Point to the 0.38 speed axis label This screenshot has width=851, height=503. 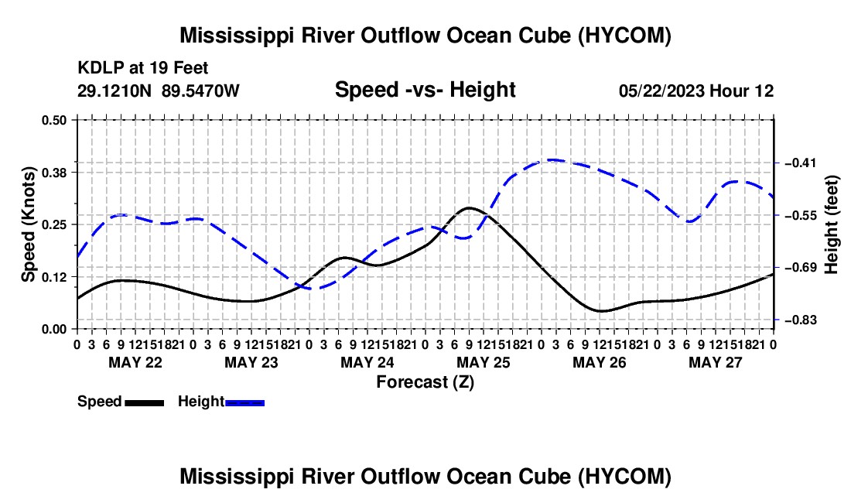point(53,173)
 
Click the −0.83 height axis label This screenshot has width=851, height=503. point(801,320)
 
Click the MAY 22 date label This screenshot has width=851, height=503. point(135,362)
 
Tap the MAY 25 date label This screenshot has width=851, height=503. point(484,362)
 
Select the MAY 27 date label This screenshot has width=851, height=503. point(716,362)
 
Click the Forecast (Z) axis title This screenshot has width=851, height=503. point(425,382)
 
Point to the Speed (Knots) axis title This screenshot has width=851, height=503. point(28,224)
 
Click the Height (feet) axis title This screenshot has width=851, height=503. point(832,224)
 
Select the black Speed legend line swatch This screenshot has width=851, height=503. point(145,403)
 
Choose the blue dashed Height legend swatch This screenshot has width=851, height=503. point(244,403)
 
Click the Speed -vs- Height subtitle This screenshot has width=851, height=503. point(425,90)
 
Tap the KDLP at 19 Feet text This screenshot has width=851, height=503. point(143,68)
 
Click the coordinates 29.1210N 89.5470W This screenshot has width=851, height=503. point(158,91)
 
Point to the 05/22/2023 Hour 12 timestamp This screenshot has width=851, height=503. point(696,91)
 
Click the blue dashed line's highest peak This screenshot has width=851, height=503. point(552,160)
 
